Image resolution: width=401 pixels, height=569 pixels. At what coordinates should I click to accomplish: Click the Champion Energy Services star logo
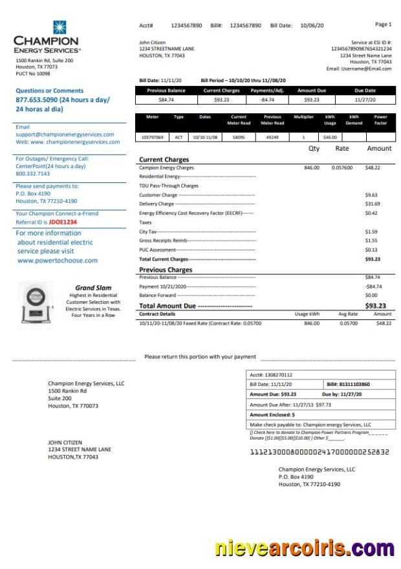coord(60,27)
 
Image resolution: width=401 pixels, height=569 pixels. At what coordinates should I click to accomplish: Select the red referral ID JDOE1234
coord(63,222)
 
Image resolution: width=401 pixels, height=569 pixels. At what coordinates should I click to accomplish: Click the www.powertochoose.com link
coord(58,261)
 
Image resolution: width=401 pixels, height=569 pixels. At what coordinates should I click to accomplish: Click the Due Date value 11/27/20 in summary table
coord(365,100)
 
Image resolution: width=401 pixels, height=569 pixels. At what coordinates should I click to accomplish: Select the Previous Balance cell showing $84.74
coord(166,100)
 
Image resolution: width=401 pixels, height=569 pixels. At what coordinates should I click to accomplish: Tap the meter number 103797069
coord(153,137)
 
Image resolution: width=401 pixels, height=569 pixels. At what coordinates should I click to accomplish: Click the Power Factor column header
coord(381,120)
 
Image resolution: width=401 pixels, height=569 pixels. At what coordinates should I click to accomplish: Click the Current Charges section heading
coord(164,159)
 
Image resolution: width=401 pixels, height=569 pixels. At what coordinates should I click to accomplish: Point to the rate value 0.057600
coord(342,167)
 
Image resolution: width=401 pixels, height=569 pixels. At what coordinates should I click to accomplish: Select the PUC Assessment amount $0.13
coord(371,250)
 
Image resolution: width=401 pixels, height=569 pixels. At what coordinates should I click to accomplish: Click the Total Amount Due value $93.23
coord(375,306)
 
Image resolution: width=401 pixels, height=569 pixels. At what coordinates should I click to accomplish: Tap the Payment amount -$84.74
coord(373,286)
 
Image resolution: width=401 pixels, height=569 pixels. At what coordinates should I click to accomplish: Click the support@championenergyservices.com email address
coord(65,134)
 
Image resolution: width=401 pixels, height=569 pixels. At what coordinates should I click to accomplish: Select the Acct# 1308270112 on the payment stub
coord(271,374)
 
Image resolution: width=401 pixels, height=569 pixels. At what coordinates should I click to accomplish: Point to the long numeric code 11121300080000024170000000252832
coord(320,452)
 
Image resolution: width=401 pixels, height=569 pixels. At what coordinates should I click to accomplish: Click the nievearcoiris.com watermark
coord(305,549)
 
